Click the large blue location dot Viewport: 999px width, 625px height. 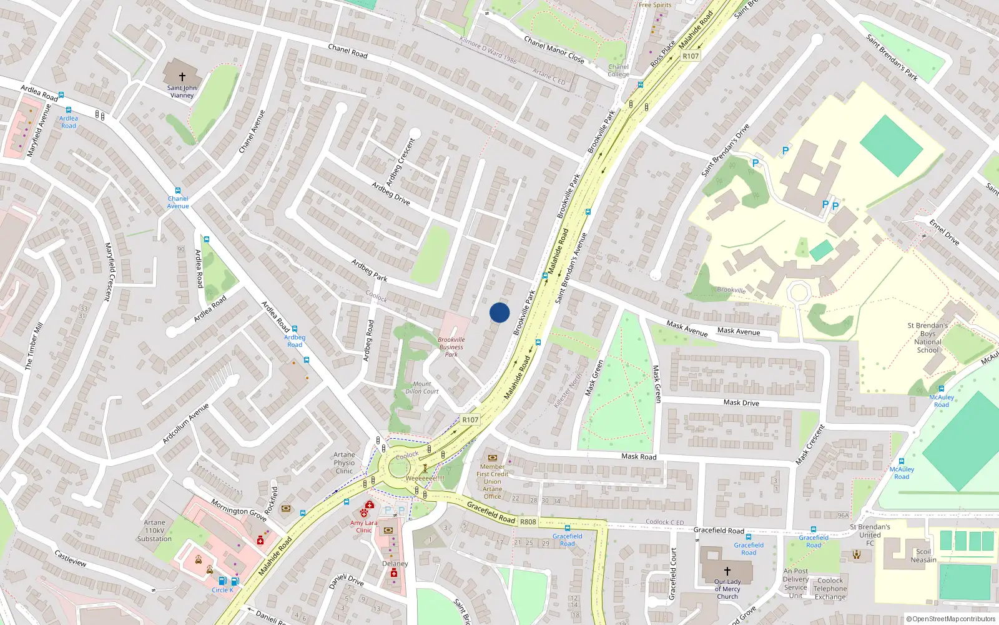pos(499,312)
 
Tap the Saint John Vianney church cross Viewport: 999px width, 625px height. pos(182,77)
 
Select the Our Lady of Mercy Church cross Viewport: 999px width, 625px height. pos(727,571)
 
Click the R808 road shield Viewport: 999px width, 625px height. pos(528,522)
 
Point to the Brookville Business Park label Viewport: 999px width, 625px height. pos(451,347)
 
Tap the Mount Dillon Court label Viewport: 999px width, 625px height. pos(422,388)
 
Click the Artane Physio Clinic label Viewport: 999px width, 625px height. pos(344,463)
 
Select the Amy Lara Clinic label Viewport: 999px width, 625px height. pos(364,527)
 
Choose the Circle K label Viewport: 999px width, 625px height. pos(222,590)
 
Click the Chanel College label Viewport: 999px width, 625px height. pos(618,71)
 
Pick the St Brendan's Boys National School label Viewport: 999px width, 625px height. pos(928,337)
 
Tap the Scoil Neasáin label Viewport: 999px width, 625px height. pos(923,556)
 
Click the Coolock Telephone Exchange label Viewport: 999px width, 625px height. pos(830,589)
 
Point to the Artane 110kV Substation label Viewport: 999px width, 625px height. pos(154,531)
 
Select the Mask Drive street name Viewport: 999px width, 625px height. pos(741,402)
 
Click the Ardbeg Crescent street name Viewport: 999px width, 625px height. pos(400,162)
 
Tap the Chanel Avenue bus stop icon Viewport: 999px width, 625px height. pos(178,191)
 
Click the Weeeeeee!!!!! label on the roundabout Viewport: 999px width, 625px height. pos(425,478)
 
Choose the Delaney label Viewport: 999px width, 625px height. pos(395,564)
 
